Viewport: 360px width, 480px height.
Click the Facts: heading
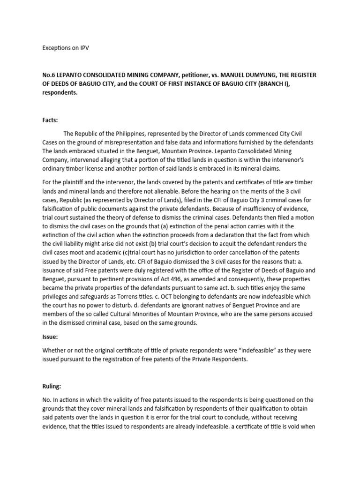pos(50,120)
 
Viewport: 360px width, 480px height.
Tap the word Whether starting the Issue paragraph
pos(55,351)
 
